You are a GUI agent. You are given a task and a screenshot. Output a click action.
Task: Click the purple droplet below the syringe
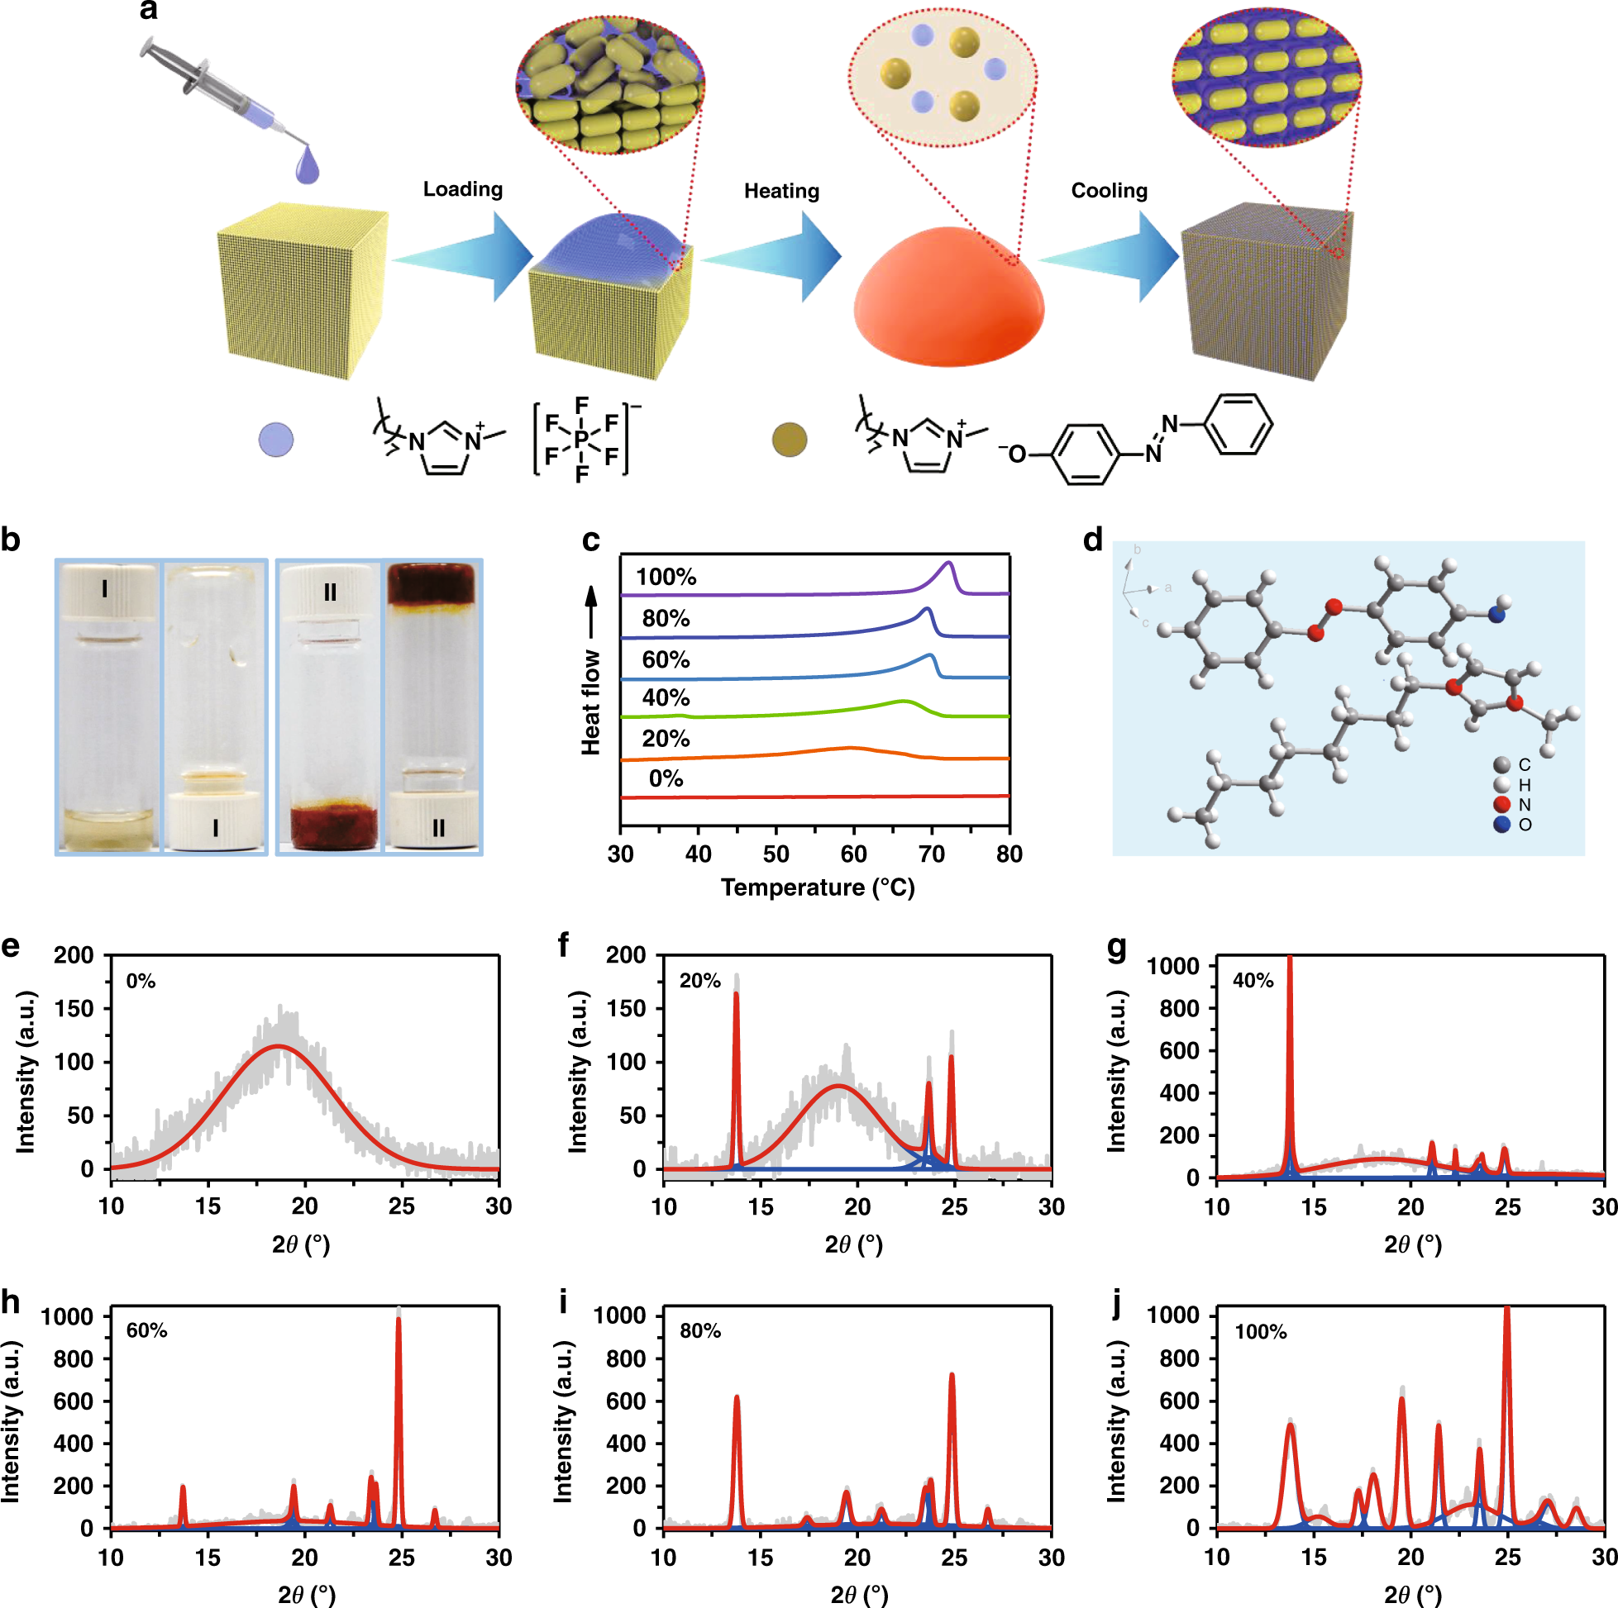(308, 165)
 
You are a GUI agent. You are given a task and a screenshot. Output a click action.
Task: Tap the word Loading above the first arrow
(462, 189)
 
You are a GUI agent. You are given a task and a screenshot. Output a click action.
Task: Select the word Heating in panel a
(781, 191)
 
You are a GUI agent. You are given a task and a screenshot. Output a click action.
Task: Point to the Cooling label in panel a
(1109, 191)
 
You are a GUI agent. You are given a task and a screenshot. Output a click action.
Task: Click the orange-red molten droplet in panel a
(948, 297)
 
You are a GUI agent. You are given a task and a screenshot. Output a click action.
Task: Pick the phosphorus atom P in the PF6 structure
(581, 440)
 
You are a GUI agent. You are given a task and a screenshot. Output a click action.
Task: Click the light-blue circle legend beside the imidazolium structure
(276, 440)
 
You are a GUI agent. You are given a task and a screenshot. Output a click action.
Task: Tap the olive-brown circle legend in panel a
(789, 440)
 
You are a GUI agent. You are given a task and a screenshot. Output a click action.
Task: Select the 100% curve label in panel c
(666, 577)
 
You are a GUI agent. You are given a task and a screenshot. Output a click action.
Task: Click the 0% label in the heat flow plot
(666, 778)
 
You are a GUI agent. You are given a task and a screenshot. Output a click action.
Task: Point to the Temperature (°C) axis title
(818, 887)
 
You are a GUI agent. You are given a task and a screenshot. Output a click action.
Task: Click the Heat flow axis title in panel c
(591, 702)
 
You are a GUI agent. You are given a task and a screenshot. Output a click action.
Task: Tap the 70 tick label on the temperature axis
(931, 854)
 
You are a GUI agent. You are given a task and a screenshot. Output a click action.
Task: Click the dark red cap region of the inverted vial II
(432, 583)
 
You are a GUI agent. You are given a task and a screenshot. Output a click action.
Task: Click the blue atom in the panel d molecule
(1497, 615)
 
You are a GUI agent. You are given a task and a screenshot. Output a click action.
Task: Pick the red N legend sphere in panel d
(1501, 805)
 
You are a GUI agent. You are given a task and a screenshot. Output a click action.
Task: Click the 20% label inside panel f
(700, 981)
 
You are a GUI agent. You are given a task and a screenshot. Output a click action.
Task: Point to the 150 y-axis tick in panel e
(74, 1009)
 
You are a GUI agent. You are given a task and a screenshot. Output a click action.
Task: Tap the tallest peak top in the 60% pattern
(399, 1320)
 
